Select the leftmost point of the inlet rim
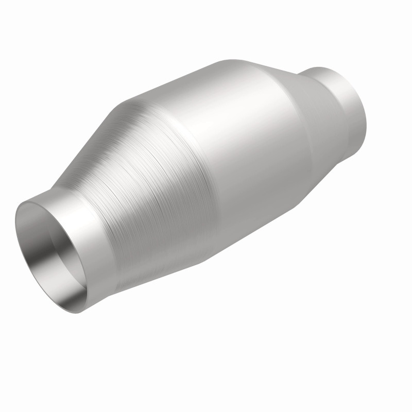coord(15,227)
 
